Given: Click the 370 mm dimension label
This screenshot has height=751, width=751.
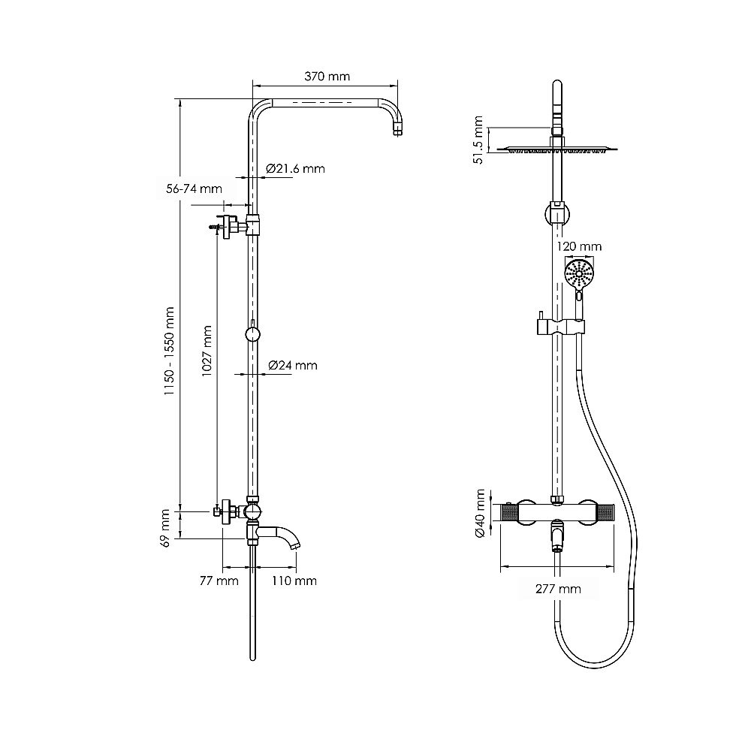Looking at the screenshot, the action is pos(327,76).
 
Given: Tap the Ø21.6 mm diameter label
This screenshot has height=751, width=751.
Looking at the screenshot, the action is pos(295,168).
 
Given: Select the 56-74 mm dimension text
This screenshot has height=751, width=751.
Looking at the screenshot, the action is pos(194,189).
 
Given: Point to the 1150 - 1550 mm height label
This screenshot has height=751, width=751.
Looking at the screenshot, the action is pos(169,351).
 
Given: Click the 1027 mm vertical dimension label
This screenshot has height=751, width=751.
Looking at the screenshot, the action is pos(207,351).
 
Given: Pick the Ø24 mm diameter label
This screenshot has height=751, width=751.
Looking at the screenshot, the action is pos(293,366).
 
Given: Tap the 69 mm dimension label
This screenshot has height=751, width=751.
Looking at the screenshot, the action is pos(164,528).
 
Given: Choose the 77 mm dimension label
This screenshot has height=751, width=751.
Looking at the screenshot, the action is pos(219,581).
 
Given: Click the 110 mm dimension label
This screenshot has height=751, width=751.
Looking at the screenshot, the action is pos(294,581).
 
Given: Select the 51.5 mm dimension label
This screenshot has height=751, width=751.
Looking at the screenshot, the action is pos(478,140).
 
